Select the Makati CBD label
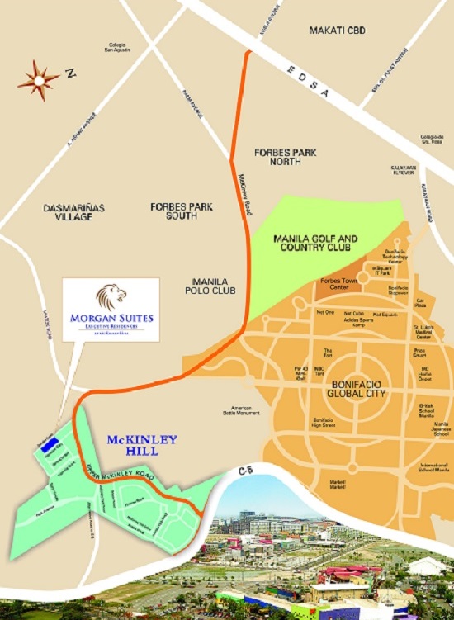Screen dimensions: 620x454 336,31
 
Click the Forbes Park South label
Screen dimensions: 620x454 173,211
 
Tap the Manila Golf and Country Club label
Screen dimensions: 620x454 315,243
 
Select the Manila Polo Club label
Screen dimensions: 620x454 208,286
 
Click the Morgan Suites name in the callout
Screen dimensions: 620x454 111,317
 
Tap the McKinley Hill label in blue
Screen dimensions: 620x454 143,445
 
